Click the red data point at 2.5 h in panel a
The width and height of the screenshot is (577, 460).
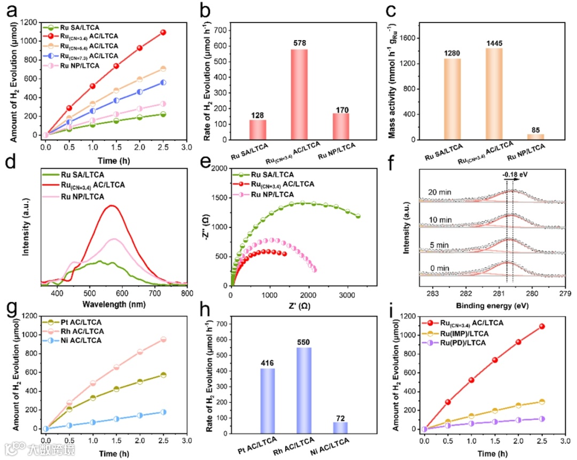point(163,32)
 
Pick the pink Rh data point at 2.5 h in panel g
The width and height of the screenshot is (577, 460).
point(163,339)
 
